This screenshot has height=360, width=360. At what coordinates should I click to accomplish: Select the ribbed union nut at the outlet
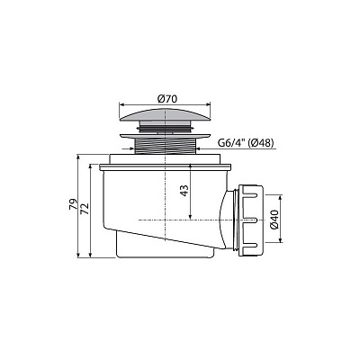251,220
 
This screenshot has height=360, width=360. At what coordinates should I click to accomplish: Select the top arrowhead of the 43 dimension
193,166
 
